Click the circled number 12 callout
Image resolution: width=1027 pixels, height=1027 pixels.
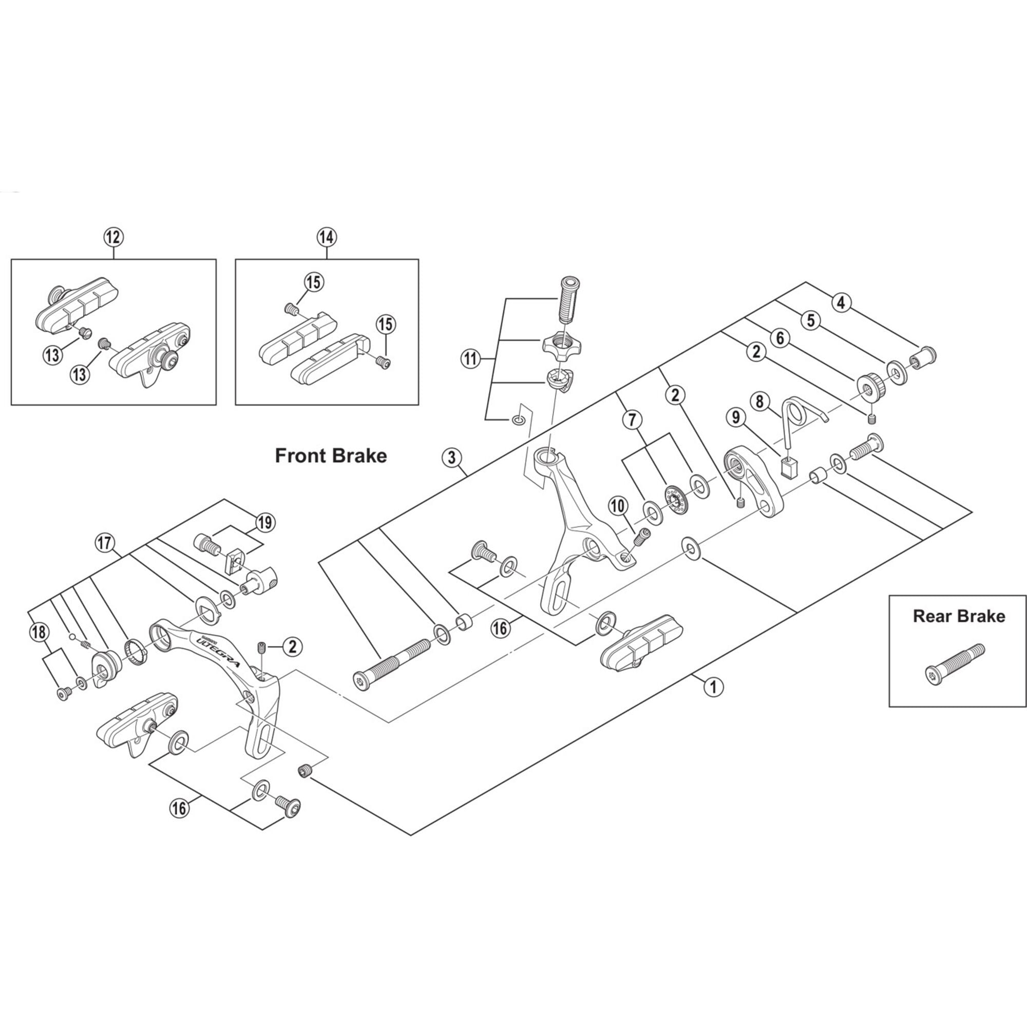tap(113, 237)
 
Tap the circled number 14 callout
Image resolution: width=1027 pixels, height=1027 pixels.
tap(327, 237)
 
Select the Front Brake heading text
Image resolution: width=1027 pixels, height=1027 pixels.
tap(331, 455)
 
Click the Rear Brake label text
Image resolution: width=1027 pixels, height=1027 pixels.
tap(958, 616)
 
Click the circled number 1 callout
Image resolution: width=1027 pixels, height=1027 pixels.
tap(713, 687)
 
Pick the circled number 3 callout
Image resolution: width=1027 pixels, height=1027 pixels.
tap(452, 458)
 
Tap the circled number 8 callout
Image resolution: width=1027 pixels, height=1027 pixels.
tap(759, 402)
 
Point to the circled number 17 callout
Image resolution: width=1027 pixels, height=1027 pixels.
tap(105, 543)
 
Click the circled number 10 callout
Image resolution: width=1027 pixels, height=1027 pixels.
tap(618, 506)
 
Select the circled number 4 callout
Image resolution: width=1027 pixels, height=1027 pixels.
tap(841, 303)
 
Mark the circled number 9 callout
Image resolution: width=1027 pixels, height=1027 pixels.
tap(736, 418)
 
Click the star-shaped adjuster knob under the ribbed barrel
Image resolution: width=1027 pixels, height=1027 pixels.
tap(562, 346)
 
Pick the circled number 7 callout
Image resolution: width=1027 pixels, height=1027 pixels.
tap(632, 420)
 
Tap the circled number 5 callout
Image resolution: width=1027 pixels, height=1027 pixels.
tap(811, 320)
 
